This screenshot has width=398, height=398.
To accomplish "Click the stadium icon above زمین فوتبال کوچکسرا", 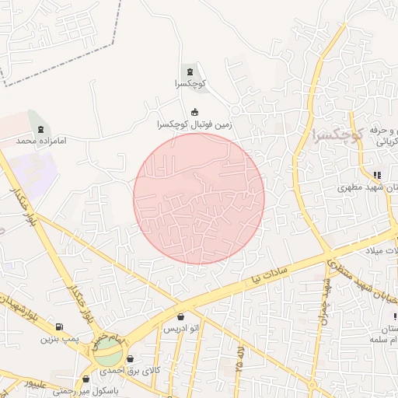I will (x=194, y=111).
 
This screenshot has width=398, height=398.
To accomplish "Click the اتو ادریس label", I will (x=181, y=330).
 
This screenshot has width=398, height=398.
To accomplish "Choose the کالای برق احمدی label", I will (x=131, y=371).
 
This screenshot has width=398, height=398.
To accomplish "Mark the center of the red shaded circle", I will (x=199, y=198).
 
